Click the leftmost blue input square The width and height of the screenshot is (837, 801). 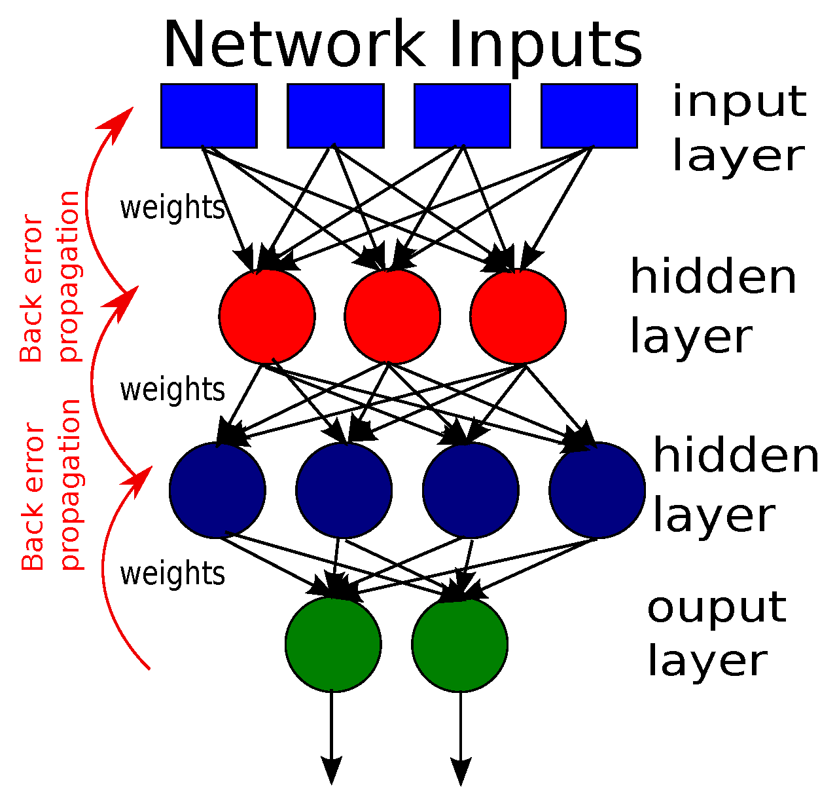209,115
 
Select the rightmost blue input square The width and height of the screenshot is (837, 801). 589,115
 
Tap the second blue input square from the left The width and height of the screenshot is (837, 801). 336,115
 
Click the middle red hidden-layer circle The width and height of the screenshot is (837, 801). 393,316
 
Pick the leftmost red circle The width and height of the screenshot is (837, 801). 267,316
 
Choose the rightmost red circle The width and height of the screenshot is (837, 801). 518,316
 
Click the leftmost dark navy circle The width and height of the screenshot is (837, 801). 217,490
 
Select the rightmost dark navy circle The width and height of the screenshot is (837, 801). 597,490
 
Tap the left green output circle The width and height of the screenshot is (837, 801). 333,644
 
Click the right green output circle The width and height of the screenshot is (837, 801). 460,644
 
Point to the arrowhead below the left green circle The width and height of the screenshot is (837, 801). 332,770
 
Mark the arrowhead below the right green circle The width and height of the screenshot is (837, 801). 461,770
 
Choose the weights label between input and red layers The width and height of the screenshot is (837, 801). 172,208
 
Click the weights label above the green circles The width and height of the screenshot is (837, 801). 172,574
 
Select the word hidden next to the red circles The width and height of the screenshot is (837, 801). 713,277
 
